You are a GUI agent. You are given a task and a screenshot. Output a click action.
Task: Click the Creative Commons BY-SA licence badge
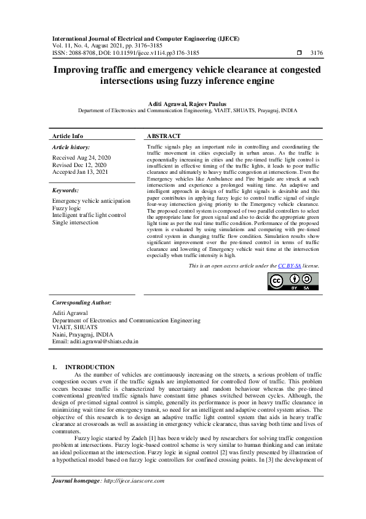tap(293, 280)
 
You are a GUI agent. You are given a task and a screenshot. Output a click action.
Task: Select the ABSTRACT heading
tap(164, 136)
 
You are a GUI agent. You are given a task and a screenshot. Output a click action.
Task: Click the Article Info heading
tap(68, 136)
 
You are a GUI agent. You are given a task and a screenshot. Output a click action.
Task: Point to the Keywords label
tap(66, 191)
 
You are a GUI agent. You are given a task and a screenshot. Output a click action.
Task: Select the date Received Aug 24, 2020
tap(81, 158)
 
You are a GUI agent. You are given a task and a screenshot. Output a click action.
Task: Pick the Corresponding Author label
tap(82, 303)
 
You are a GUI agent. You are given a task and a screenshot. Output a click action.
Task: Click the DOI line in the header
tap(126, 53)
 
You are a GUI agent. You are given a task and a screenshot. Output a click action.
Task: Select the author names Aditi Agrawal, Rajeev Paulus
tap(183, 104)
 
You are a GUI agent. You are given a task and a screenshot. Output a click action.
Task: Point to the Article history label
tap(71, 148)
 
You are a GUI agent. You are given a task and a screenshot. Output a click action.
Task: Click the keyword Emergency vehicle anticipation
tap(91, 201)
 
